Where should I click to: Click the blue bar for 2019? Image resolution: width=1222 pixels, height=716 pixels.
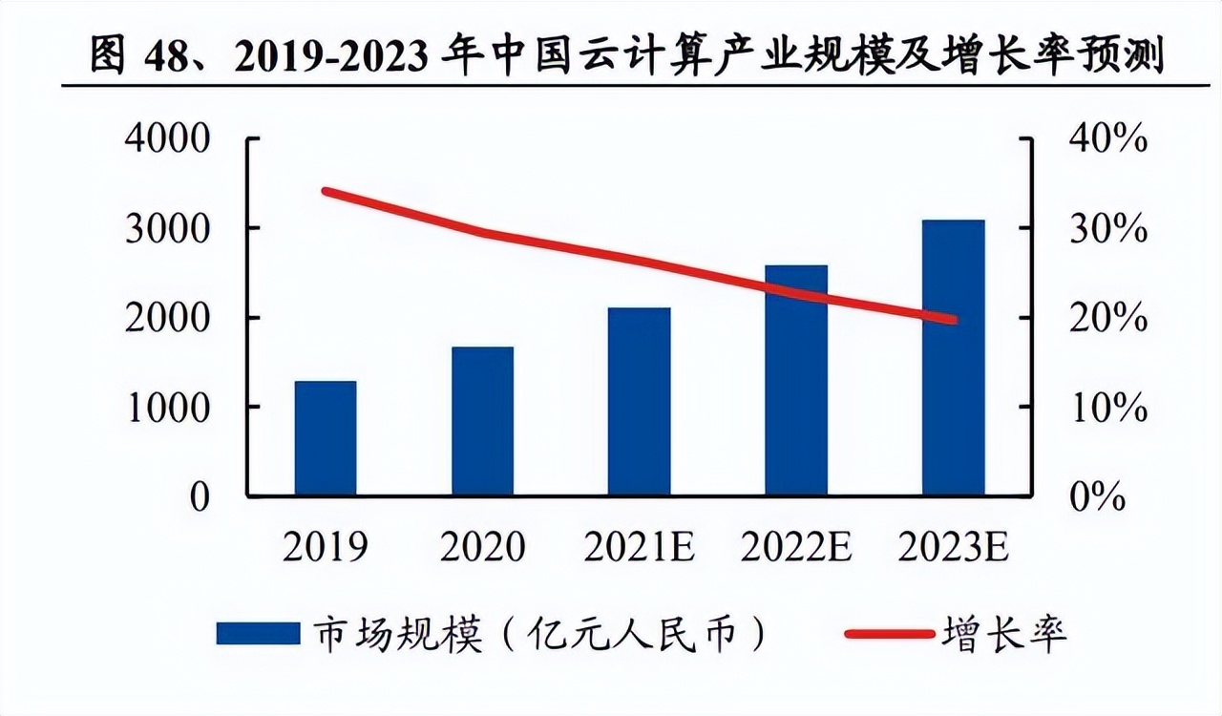[326, 438]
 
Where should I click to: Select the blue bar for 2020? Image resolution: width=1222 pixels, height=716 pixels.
[482, 421]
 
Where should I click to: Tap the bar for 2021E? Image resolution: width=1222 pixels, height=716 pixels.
[639, 402]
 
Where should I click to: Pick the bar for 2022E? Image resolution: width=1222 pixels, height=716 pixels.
[796, 380]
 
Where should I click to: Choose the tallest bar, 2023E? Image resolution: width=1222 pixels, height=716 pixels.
[953, 358]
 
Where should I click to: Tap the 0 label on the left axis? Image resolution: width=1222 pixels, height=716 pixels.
[199, 497]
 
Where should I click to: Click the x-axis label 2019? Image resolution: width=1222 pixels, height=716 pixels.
[326, 547]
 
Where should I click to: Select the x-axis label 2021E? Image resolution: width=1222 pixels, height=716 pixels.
[639, 547]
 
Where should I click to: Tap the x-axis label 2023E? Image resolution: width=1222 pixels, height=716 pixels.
[953, 547]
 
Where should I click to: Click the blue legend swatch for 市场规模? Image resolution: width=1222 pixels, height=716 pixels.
[258, 633]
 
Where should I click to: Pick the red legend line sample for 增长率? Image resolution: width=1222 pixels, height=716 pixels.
[889, 633]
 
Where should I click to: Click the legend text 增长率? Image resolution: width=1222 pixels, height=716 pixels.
[1003, 633]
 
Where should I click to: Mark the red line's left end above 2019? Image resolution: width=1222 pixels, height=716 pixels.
[327, 192]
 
